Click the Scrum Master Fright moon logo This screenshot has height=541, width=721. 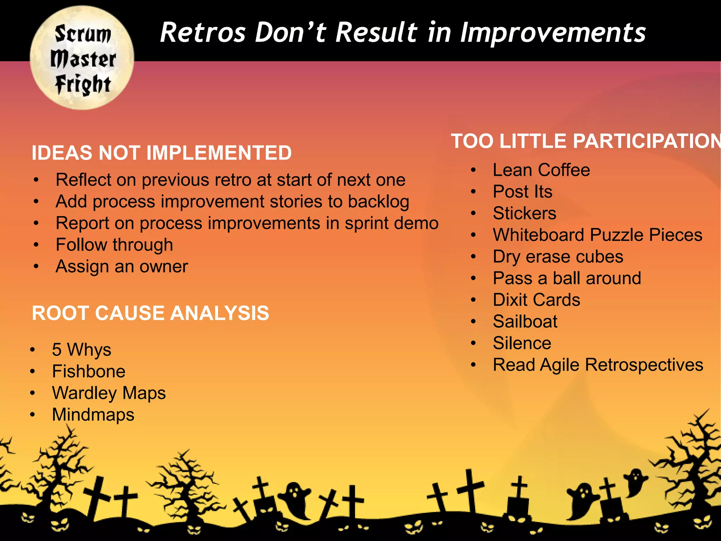click(82, 58)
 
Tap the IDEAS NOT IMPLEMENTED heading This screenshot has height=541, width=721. click(162, 153)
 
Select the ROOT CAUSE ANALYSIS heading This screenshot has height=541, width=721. click(150, 313)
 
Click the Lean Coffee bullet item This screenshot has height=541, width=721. click(541, 170)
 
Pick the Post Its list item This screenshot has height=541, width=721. click(522, 192)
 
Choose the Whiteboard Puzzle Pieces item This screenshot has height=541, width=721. click(597, 235)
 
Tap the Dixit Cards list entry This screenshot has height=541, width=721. click(536, 300)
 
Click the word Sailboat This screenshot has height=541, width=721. click(525, 322)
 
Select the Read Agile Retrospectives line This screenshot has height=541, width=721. click(598, 365)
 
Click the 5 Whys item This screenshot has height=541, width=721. click(81, 350)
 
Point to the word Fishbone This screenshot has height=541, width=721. click(88, 372)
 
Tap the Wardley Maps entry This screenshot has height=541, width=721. click(109, 393)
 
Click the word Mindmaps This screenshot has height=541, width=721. click(93, 415)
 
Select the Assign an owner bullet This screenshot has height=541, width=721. click(121, 267)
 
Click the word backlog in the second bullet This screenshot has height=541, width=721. click(378, 202)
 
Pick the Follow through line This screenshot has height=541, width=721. click(114, 245)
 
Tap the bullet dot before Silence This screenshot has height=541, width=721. click(474, 343)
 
